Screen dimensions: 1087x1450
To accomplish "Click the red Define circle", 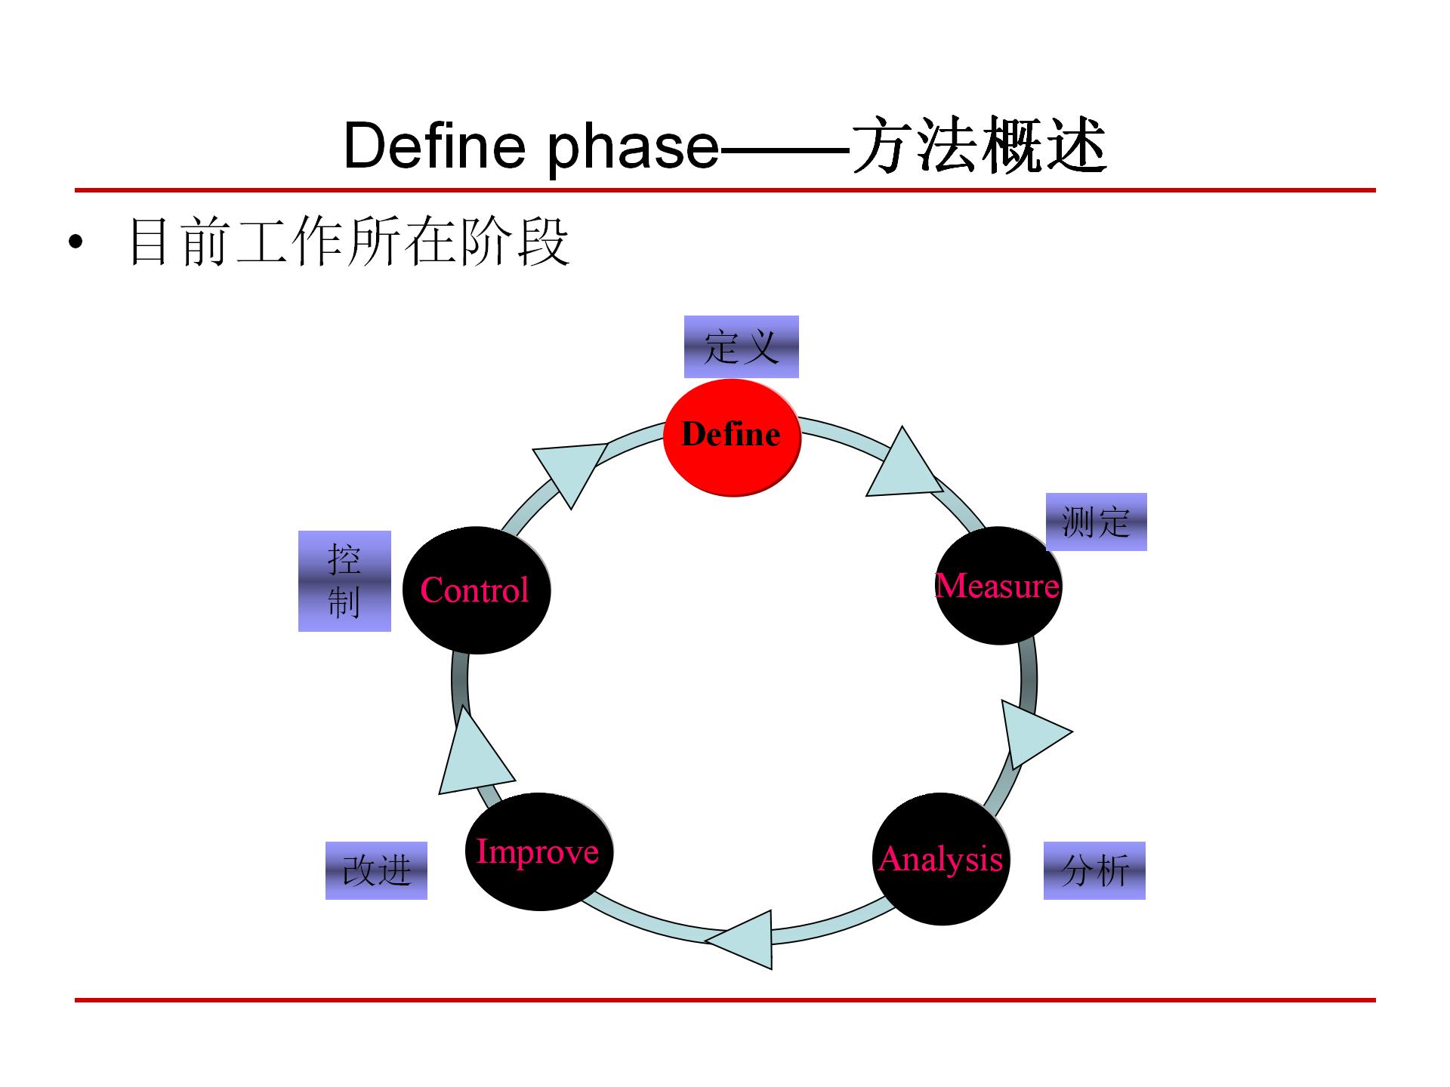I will pyautogui.click(x=731, y=438).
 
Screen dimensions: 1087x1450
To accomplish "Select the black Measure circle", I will pyautogui.click(x=998, y=586).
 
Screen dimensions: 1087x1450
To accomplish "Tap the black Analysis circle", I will pyautogui.click(x=941, y=859).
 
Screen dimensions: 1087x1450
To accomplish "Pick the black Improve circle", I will pyautogui.click(x=538, y=851).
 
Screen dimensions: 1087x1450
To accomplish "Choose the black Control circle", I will pyautogui.click(x=476, y=590).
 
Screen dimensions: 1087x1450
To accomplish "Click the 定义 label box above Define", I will pyautogui.click(x=741, y=346).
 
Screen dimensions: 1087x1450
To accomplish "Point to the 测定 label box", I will pyautogui.click(x=1096, y=522).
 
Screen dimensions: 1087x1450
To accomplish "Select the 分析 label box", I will pyautogui.click(x=1094, y=870).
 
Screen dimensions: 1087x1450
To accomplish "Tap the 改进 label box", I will pyautogui.click(x=376, y=870).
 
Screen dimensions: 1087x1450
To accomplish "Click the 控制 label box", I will pyautogui.click(x=344, y=580).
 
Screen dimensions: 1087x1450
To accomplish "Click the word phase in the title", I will pyautogui.click(x=633, y=146).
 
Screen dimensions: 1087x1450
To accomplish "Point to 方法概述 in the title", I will pyautogui.click(x=980, y=145).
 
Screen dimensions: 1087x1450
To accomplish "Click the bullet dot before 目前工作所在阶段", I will pyautogui.click(x=75, y=242).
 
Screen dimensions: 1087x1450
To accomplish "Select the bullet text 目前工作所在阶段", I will pyautogui.click(x=349, y=242).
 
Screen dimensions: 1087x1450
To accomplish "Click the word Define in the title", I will pyautogui.click(x=434, y=145).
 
